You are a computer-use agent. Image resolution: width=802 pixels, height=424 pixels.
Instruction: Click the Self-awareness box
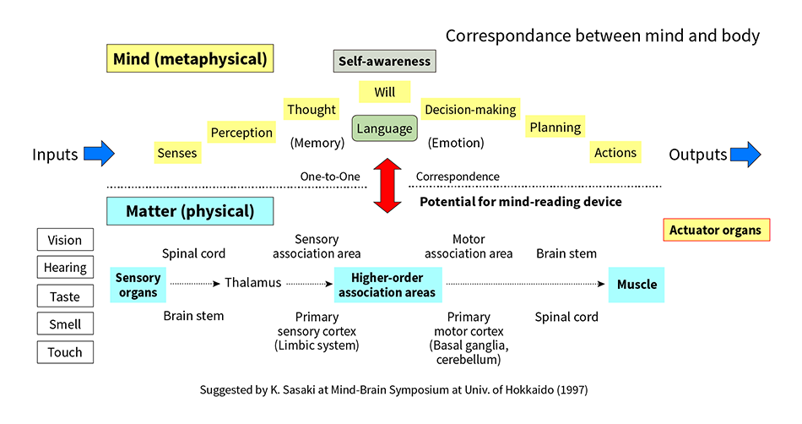click(x=385, y=61)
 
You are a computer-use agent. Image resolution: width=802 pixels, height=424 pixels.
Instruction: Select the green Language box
click(x=385, y=128)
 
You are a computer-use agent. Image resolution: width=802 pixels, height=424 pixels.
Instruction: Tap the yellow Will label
click(x=385, y=92)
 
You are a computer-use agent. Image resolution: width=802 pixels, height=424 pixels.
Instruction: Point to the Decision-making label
click(x=470, y=110)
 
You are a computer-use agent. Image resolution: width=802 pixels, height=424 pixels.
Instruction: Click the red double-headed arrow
click(x=387, y=185)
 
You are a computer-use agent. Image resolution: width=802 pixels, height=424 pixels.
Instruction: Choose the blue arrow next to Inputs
click(x=100, y=154)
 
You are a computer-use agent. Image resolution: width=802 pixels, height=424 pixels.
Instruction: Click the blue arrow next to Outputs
click(x=745, y=154)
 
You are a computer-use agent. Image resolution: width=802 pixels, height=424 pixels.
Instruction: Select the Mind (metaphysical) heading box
click(x=190, y=58)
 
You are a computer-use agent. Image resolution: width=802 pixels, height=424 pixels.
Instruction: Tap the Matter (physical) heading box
click(x=190, y=211)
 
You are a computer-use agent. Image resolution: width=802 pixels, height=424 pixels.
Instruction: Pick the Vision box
click(x=65, y=240)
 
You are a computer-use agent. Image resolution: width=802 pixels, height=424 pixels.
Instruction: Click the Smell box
click(x=65, y=323)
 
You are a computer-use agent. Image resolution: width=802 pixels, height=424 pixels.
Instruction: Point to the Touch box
click(x=65, y=352)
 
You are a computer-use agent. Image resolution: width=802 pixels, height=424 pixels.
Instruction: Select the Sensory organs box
click(x=138, y=285)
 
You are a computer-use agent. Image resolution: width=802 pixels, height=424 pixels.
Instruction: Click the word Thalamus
click(x=253, y=283)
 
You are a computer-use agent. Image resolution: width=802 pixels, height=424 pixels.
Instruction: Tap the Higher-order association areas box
click(x=387, y=285)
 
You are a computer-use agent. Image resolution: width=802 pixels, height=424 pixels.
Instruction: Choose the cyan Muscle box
click(x=637, y=285)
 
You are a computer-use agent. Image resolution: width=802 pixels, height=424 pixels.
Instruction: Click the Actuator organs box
click(x=716, y=230)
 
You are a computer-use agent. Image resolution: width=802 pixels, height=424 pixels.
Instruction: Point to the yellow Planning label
click(x=555, y=127)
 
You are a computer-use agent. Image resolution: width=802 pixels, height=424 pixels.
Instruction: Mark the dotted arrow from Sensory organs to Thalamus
click(x=195, y=283)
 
